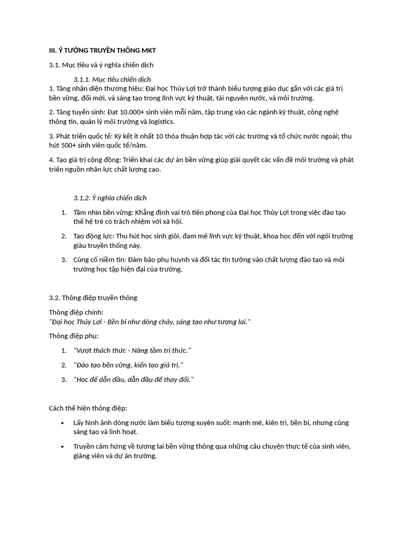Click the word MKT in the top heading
(x=148, y=50)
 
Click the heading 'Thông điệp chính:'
(x=76, y=312)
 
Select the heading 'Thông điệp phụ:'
(x=74, y=336)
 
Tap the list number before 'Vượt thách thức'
(x=64, y=350)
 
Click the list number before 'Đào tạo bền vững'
(x=64, y=365)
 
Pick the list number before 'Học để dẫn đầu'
(x=64, y=380)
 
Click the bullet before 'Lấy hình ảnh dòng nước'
(x=62, y=423)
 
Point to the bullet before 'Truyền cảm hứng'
(x=62, y=447)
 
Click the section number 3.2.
(x=55, y=297)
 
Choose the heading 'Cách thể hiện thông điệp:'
(x=88, y=408)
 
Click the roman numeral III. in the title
(x=53, y=50)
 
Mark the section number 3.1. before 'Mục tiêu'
(x=55, y=64)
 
